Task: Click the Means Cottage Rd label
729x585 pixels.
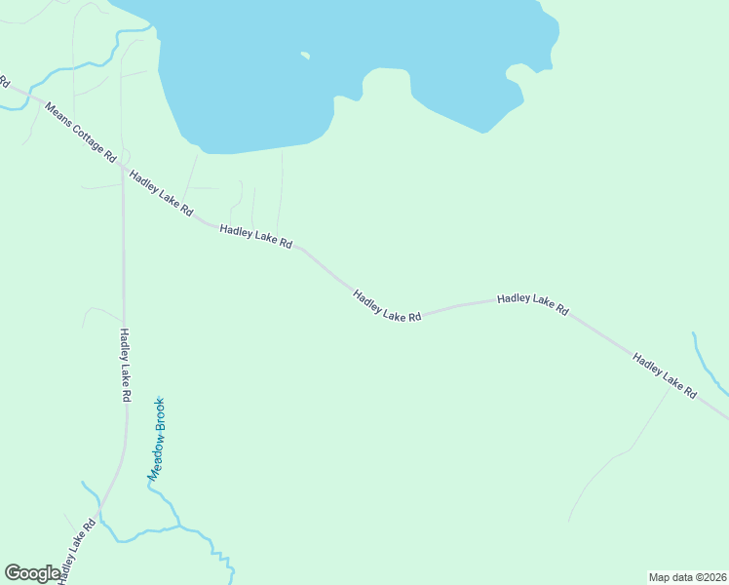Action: click(80, 130)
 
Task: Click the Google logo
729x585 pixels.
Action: click(32, 573)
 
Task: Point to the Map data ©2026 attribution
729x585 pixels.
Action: click(687, 576)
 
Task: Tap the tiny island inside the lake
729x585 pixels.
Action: click(305, 56)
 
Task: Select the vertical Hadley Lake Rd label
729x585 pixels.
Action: click(125, 366)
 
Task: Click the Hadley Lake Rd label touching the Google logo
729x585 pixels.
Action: click(76, 552)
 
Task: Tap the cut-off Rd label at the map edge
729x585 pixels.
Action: click(4, 81)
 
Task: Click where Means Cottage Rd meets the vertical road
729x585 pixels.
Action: click(123, 168)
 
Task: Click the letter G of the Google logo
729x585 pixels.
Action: click(14, 573)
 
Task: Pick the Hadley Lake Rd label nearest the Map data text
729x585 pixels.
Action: click(665, 374)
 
